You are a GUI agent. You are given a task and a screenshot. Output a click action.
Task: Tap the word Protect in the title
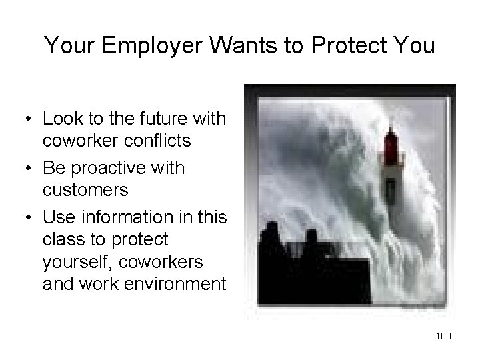coord(349,46)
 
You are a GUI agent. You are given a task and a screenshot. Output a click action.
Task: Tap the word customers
coord(85,190)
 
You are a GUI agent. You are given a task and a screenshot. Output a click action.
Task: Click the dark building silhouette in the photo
coord(313,273)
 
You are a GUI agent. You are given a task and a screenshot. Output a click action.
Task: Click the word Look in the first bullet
coord(61,119)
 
